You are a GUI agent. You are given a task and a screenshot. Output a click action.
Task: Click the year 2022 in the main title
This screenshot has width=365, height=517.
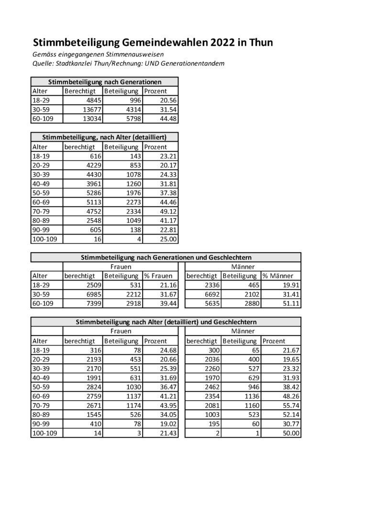point(222,43)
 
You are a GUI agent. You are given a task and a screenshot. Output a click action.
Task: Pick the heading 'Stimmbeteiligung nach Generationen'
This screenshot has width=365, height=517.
point(105,82)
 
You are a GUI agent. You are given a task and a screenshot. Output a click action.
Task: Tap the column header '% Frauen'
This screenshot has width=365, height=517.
point(157,276)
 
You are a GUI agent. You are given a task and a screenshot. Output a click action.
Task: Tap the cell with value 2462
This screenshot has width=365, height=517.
point(210,387)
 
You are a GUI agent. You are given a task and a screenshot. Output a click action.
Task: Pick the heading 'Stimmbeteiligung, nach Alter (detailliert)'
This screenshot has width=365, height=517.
point(105,137)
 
